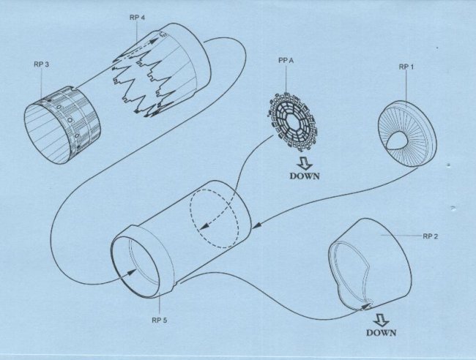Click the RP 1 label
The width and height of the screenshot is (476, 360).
pos(406,67)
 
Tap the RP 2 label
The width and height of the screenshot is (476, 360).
pos(431,236)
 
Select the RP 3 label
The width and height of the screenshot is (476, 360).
pos(41,64)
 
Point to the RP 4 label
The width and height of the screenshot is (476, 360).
pos(137,18)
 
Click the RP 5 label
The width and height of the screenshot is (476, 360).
pos(160,320)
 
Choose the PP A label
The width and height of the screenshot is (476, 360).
pos(286,61)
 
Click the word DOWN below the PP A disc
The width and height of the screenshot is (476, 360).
pos(305,176)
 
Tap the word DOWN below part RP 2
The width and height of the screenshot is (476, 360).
pos(381,333)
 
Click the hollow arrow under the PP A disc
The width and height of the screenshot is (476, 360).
pos(305,163)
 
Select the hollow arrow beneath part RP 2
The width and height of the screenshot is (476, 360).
pos(381,320)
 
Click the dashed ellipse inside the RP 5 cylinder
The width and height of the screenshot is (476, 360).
pos(215,219)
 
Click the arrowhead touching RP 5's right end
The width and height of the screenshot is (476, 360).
pos(257,226)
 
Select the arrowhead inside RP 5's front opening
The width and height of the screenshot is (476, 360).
pos(132,271)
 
